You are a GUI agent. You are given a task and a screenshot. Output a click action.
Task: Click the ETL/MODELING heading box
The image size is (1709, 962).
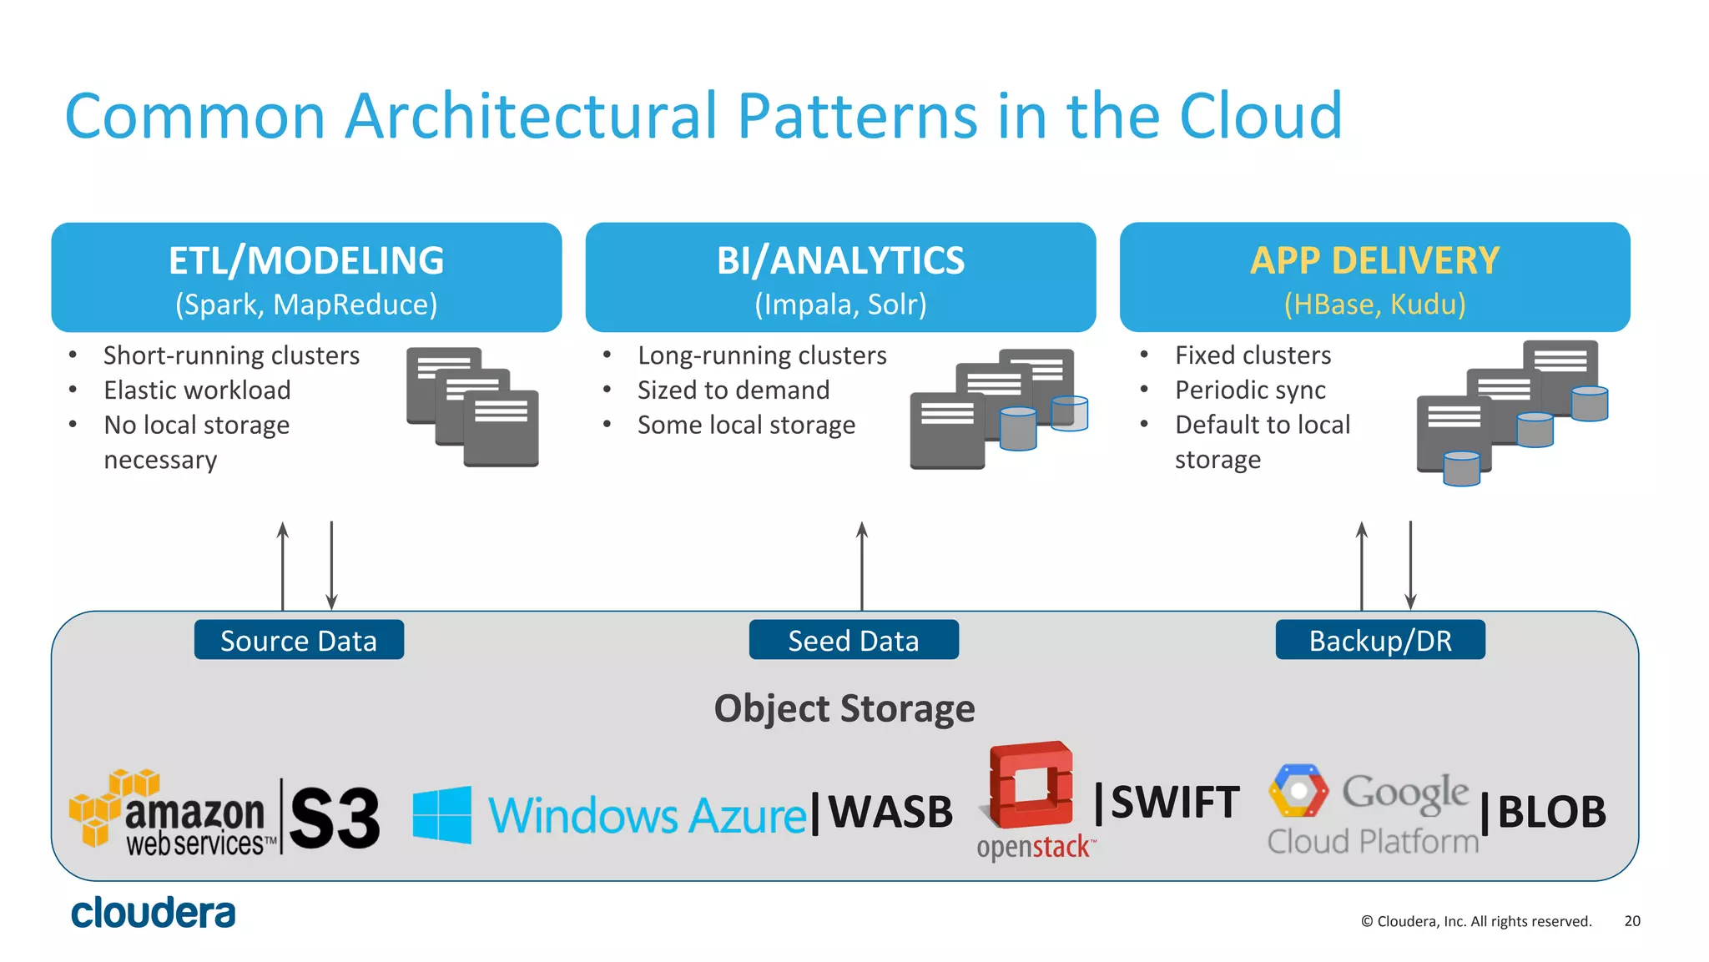click(x=306, y=277)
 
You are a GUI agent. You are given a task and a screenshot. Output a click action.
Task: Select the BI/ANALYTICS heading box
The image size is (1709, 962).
click(x=840, y=277)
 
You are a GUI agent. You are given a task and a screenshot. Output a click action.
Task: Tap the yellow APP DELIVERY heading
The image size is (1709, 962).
click(x=1374, y=261)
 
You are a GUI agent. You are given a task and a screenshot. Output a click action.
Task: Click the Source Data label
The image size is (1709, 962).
click(x=299, y=640)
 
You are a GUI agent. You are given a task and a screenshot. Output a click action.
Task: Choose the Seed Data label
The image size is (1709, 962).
click(x=854, y=640)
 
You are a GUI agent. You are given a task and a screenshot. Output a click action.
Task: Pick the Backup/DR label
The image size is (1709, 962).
click(x=1380, y=640)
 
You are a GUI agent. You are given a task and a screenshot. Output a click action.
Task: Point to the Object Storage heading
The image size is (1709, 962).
click(x=844, y=709)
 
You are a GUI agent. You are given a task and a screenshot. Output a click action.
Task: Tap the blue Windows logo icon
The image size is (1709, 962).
click(x=442, y=814)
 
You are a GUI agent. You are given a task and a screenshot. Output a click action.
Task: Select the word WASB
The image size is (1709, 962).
click(x=890, y=812)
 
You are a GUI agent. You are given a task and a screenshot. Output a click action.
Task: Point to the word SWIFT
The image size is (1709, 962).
click(x=1175, y=802)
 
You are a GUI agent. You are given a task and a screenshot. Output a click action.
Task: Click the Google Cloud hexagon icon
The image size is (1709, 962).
click(x=1298, y=790)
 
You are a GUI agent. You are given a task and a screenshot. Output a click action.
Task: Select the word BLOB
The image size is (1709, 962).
click(x=1551, y=812)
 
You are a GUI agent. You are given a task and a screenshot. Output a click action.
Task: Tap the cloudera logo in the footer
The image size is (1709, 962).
click(x=154, y=913)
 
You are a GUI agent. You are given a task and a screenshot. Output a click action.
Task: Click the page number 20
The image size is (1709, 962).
click(x=1632, y=921)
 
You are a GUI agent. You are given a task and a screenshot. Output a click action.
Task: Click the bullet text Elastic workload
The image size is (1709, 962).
click(x=197, y=390)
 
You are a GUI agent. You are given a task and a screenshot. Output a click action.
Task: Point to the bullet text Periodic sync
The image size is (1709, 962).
click(x=1250, y=390)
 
